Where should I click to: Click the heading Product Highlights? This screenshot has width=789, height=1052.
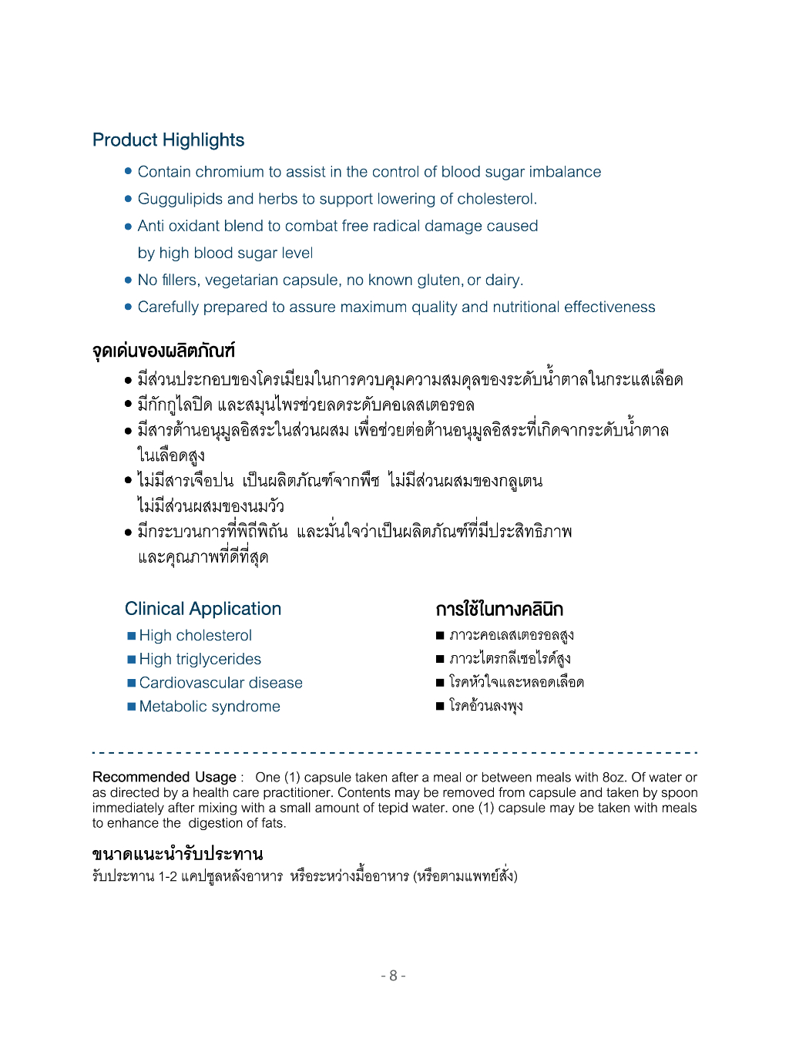click(168, 140)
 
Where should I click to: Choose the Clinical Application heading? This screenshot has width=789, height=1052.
click(203, 609)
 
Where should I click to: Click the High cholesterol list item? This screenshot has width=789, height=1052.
click(195, 636)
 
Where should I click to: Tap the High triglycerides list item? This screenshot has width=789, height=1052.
click(200, 660)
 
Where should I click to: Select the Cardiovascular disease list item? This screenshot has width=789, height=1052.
click(220, 683)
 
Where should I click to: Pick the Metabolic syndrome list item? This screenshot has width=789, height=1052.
click(210, 707)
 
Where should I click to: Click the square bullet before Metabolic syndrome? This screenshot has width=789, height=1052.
click(132, 707)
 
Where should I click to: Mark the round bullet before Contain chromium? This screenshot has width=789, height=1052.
click(129, 172)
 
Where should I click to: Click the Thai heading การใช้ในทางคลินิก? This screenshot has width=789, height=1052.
click(499, 610)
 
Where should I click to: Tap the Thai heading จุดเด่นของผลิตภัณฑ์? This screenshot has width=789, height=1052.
click(163, 351)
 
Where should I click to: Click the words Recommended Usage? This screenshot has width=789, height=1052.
click(164, 777)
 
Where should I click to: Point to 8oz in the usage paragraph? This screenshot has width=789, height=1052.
click(613, 777)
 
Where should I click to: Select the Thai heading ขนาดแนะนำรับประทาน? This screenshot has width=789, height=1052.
click(177, 854)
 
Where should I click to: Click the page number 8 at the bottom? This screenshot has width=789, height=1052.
click(393, 976)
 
